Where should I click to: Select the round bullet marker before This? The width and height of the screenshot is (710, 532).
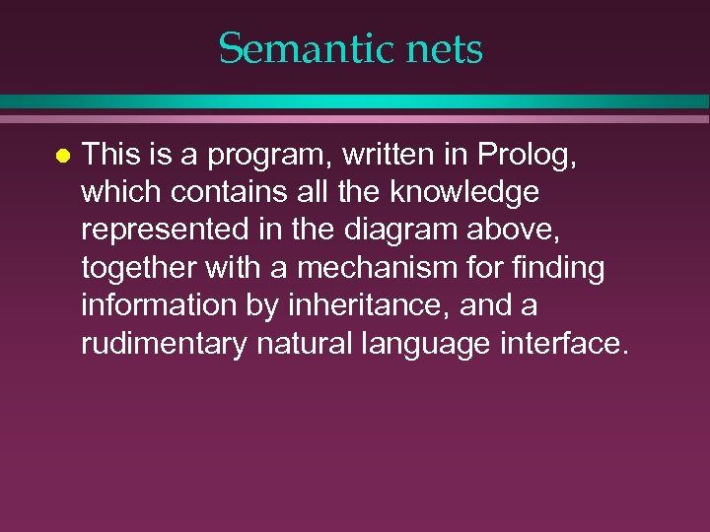(x=61, y=156)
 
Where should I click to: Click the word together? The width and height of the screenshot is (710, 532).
(x=136, y=268)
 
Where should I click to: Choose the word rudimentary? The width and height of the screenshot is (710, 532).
(x=159, y=345)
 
